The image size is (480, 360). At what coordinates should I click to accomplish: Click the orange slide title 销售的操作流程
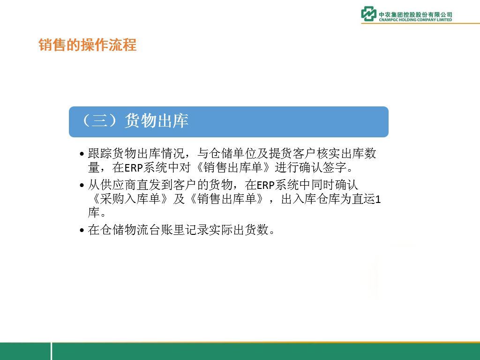(88, 45)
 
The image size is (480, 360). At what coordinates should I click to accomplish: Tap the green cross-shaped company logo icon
(368, 14)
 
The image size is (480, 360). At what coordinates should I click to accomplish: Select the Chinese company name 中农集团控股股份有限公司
(415, 15)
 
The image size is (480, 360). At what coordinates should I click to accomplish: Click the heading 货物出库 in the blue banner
(157, 120)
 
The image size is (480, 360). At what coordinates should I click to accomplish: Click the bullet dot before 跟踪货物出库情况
(82, 154)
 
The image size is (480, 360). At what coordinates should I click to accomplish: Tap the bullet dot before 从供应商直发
(82, 185)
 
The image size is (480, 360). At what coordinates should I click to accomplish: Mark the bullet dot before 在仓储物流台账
(82, 230)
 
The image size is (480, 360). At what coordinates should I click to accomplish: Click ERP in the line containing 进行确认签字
(134, 168)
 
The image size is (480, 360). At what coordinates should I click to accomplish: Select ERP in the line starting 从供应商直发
(266, 185)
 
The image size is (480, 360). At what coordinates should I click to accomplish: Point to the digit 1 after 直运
(378, 200)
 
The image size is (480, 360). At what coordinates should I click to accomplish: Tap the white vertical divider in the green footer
(51, 351)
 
